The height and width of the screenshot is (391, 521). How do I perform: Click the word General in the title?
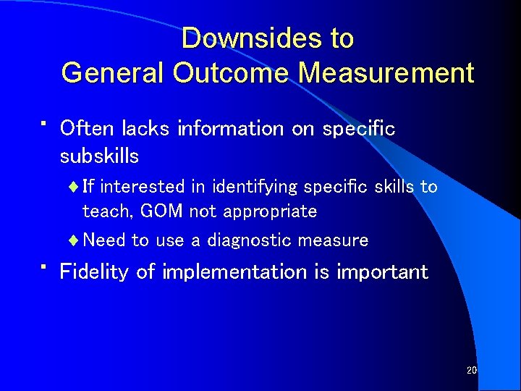point(112,73)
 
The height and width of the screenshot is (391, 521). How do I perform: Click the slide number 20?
point(472,371)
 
